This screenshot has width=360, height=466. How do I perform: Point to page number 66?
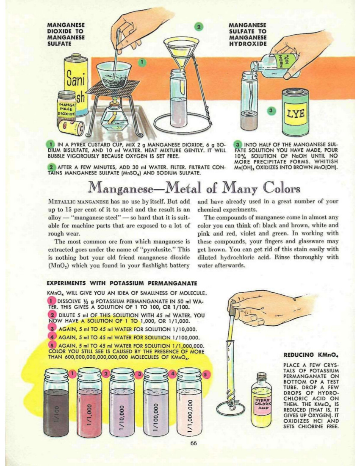point(194,444)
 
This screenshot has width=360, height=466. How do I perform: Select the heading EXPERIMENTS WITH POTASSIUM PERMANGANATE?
point(121,283)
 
